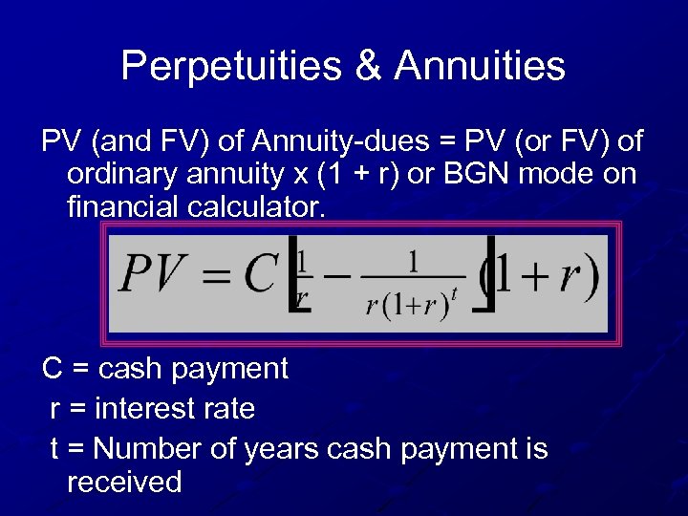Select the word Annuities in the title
tap(480, 66)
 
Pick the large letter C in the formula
tap(259, 274)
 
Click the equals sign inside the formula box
tap(215, 277)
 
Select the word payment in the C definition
tap(233, 368)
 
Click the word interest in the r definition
tap(148, 409)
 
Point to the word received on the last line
tap(124, 482)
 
